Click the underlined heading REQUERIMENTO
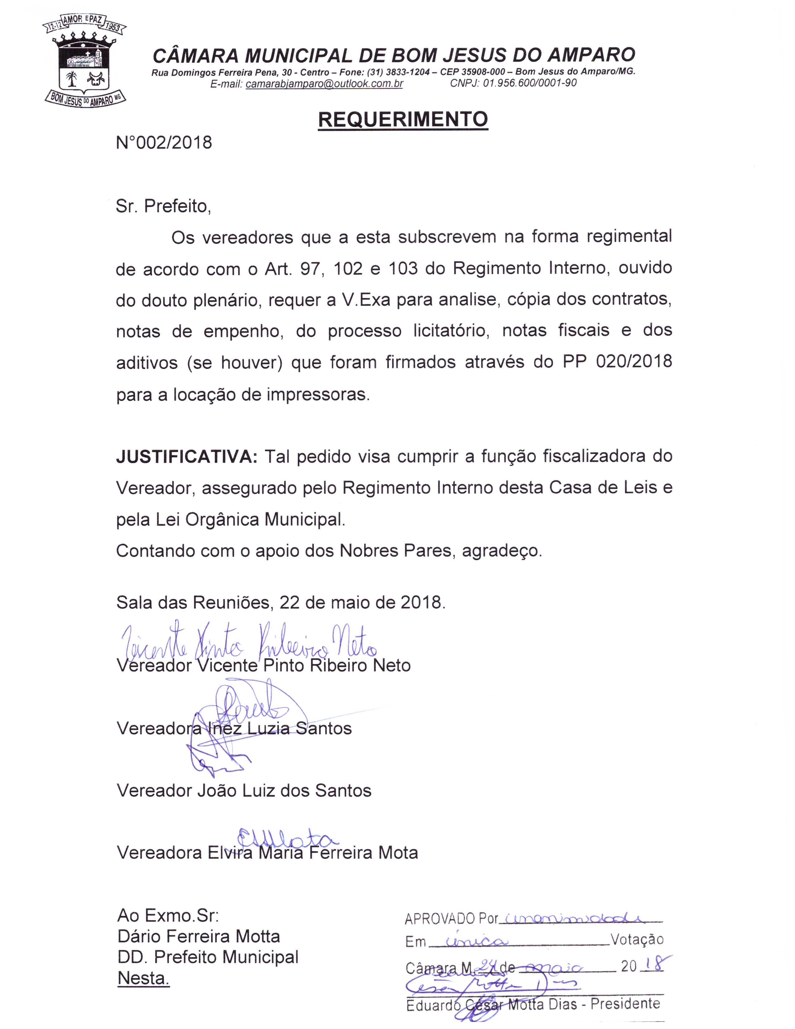pos(403,120)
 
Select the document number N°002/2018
pos(164,142)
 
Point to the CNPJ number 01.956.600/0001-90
pos(529,83)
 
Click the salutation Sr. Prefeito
pos(163,206)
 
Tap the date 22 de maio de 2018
pos(362,602)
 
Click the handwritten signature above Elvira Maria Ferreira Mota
pos(287,839)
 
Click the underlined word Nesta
pos(143,978)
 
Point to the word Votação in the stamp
pos(637,940)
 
